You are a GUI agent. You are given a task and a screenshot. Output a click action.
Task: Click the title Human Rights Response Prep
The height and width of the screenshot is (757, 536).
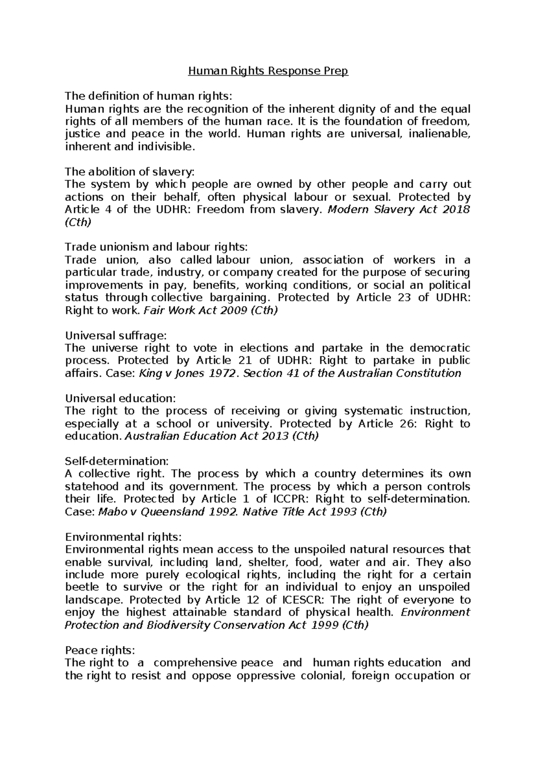[x=268, y=71]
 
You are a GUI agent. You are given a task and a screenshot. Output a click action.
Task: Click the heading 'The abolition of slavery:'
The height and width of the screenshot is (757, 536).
[x=130, y=172]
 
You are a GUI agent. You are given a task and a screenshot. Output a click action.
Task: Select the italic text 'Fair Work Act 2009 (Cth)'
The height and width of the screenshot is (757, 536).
[x=210, y=311]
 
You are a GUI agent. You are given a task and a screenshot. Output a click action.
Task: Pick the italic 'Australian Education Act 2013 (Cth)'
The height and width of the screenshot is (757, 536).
[x=221, y=436]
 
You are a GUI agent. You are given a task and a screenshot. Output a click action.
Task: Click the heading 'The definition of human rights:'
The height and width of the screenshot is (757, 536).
[x=149, y=96]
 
